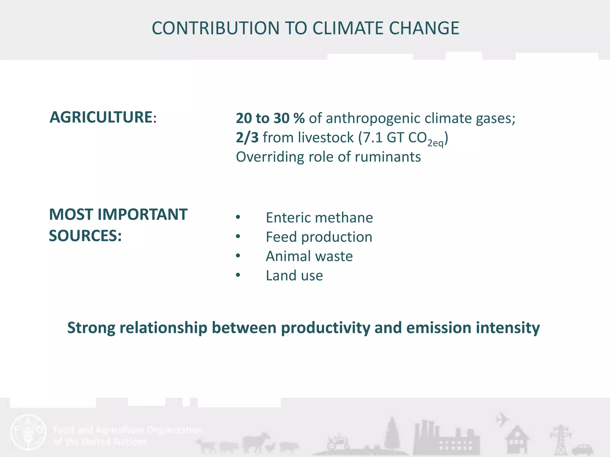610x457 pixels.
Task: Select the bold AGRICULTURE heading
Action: coord(101,117)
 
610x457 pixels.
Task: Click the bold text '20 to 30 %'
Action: coord(270,118)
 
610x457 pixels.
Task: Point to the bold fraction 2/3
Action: coord(247,138)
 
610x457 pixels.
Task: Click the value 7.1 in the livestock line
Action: coord(372,138)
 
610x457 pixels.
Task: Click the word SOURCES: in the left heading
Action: coord(85,236)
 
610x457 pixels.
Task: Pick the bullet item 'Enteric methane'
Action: coord(319,217)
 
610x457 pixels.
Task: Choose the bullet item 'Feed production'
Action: coord(319,237)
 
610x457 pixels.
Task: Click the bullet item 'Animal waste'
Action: coord(309,256)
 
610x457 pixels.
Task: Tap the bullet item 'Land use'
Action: coord(294,276)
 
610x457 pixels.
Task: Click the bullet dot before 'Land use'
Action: coord(238,275)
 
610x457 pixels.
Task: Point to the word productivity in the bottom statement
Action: coord(326,328)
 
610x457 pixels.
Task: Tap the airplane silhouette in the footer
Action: coord(502,419)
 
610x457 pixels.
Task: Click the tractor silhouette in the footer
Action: coord(338,442)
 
